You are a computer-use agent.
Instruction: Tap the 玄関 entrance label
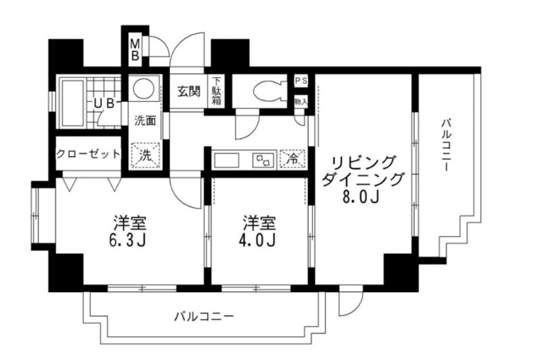[x=188, y=91]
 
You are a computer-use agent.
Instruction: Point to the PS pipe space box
[x=299, y=82]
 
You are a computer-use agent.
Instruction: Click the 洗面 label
[x=146, y=120]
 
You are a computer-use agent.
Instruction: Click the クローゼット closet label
[x=87, y=155]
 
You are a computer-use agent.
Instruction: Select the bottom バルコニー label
[x=204, y=316]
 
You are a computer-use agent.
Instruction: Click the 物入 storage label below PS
[x=299, y=100]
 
